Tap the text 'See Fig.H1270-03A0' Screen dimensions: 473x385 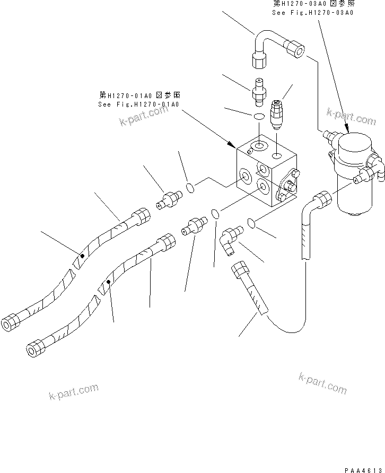click(312, 13)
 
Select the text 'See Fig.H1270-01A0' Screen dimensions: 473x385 click(139, 104)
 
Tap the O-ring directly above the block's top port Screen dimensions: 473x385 click(259, 117)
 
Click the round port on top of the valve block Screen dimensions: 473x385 click(259, 145)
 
